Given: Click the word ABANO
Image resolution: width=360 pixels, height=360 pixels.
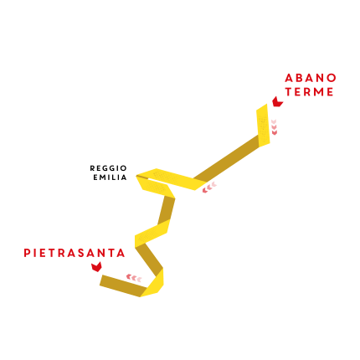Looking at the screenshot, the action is tap(311, 78).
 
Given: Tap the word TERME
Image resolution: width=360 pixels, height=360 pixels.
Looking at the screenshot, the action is tap(309, 92).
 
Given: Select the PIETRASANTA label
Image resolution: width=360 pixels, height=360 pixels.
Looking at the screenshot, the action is tap(75, 253).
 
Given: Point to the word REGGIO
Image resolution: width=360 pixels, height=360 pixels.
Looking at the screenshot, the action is tap(108, 168).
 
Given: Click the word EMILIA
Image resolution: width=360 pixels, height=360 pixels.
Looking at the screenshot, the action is tap(110, 177).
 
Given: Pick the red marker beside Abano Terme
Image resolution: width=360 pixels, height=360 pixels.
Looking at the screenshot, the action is tap(277, 102).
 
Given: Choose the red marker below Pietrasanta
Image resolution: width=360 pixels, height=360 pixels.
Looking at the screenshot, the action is tap(96, 267).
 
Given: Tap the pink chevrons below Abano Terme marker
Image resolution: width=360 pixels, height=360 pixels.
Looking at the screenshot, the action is tap(274, 127).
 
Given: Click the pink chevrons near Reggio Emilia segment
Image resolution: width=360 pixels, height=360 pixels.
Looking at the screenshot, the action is tap(209, 188).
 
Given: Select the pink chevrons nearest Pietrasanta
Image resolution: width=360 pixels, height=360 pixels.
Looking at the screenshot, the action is tap(134, 278).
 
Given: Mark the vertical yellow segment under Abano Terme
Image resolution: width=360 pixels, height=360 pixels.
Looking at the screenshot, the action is tap(263, 125).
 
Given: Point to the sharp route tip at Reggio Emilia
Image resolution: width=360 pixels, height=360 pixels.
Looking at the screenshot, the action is tap(136, 176).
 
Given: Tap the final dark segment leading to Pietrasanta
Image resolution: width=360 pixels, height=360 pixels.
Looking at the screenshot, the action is tap(123, 285).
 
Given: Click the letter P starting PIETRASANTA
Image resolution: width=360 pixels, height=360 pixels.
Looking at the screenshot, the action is tap(27, 253).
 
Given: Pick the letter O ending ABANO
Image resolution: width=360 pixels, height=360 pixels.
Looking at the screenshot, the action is tap(332, 78).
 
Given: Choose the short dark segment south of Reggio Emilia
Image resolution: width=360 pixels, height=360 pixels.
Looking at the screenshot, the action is tap(167, 210).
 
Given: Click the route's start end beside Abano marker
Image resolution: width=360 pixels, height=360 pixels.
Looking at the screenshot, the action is tap(262, 107).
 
